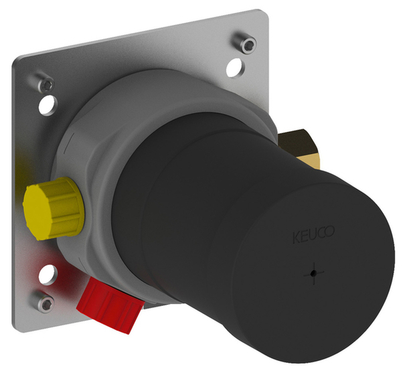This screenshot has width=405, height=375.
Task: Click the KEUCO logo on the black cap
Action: click(313, 234)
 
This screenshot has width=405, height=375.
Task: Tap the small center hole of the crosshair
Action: click(313, 273)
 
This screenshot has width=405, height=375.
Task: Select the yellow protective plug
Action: click(54, 208)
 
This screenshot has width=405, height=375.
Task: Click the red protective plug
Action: click(110, 305)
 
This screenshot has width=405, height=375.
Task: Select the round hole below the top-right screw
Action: click(235, 68)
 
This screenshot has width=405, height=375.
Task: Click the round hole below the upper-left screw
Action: click(48, 105)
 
